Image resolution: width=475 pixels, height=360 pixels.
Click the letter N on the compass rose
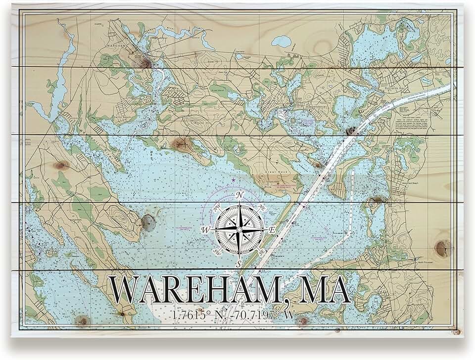pos(240,195)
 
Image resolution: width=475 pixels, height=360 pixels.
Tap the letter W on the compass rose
pos(206,229)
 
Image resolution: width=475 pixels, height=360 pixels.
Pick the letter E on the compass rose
pos(272,230)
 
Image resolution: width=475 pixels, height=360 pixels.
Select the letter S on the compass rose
pos(239,264)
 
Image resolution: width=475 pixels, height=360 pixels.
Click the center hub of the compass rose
pos(239,229)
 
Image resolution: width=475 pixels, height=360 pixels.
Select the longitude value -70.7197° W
pos(262,315)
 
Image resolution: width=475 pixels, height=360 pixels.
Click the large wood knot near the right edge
pos(442,247)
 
